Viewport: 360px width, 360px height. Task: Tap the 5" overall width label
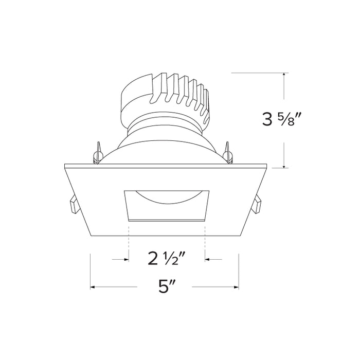(165, 287)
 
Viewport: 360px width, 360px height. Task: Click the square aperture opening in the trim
(166, 205)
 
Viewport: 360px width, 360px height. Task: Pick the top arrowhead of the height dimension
(284, 77)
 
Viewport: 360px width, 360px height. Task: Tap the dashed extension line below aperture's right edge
(205, 239)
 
